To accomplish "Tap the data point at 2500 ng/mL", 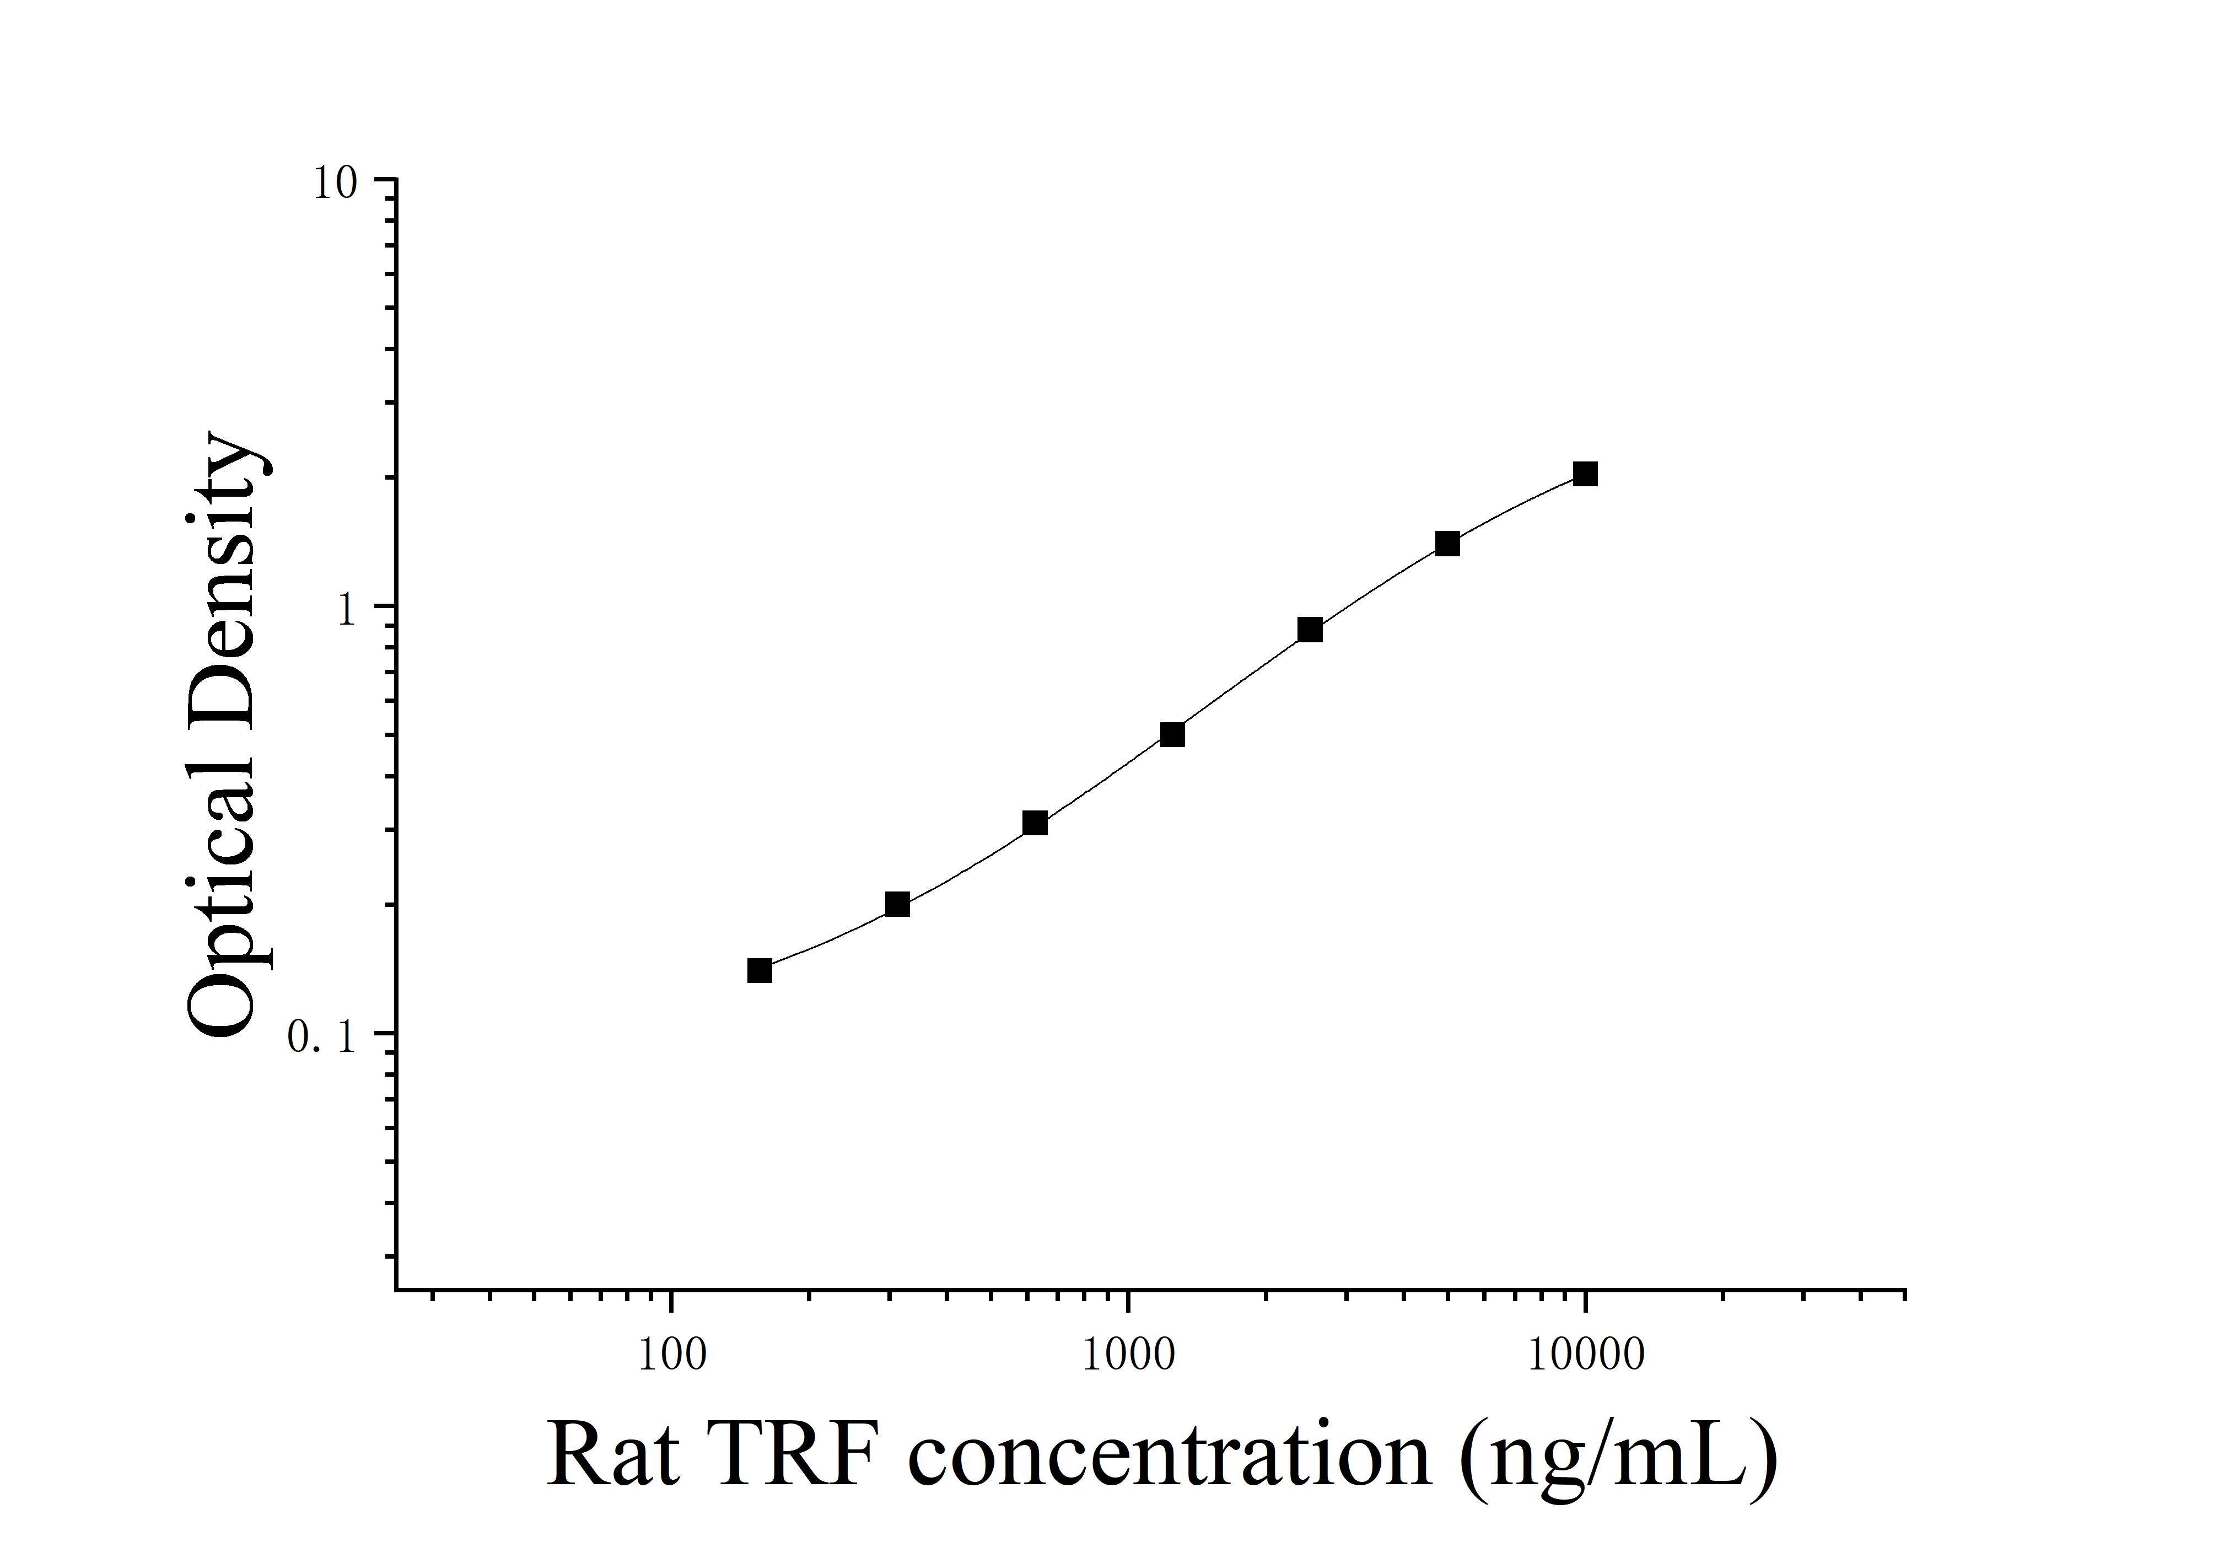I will tap(1310, 630).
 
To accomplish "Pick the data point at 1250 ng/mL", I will tap(1172, 734).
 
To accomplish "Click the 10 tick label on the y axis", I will tap(335, 183).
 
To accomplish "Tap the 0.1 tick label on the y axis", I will tap(323, 1037).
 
